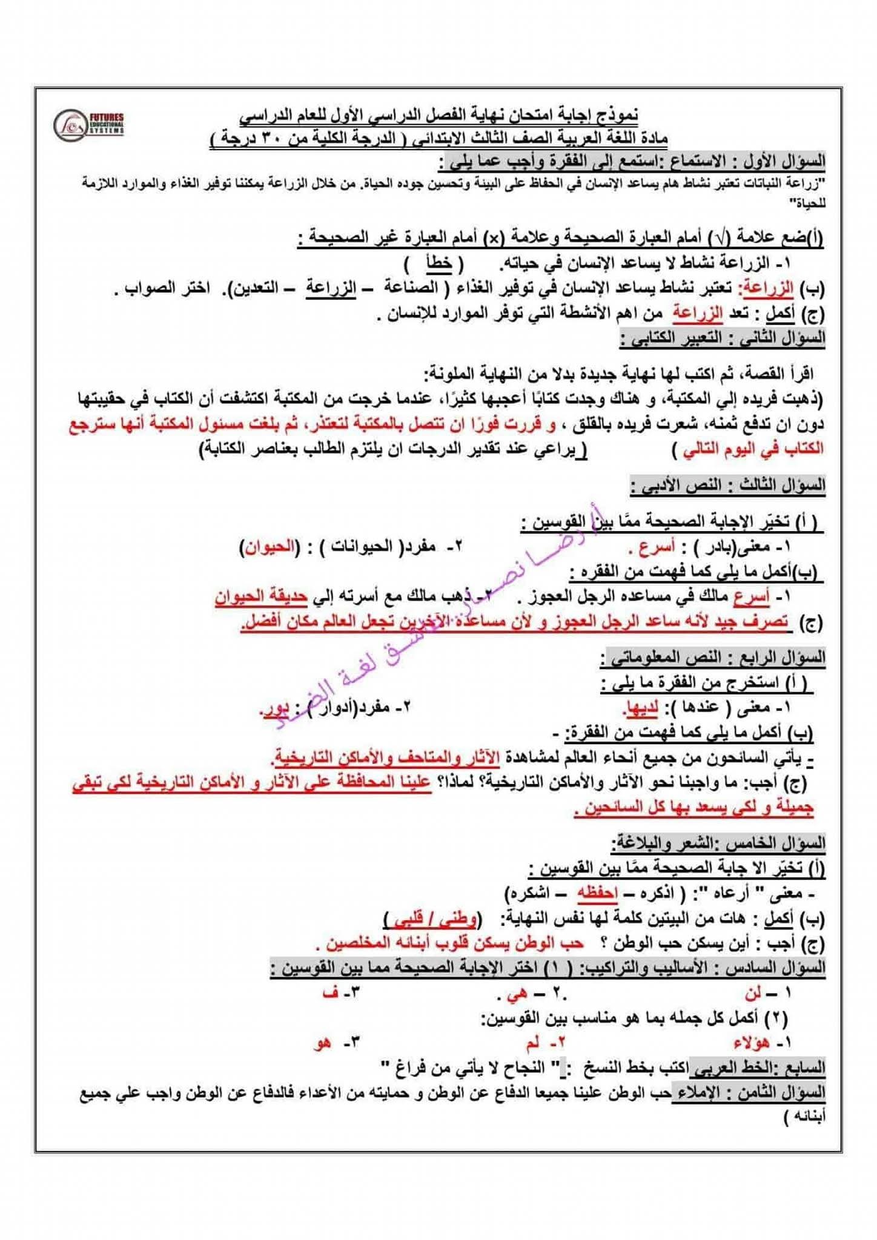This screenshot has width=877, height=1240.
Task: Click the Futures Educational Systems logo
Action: coord(90,124)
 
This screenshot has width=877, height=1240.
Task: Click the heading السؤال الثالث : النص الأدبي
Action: coord(727,485)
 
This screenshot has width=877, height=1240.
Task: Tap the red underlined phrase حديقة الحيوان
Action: coord(262,597)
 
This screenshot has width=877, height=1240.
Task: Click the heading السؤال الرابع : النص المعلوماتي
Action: coord(713,658)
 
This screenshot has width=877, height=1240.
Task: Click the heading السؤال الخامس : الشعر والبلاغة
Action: coord(718,842)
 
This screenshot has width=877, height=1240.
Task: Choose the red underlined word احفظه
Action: coord(597,893)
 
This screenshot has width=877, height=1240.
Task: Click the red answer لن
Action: coord(753,993)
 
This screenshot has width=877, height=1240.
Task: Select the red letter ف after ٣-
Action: coord(330,993)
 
